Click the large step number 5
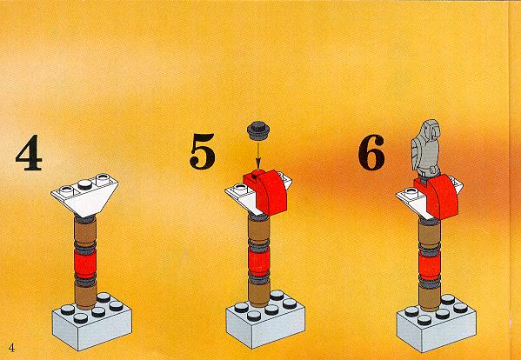(x=203, y=151)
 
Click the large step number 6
(x=371, y=152)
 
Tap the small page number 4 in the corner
(x=11, y=348)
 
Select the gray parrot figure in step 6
(x=425, y=150)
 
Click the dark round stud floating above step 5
(x=258, y=130)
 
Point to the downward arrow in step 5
(x=257, y=155)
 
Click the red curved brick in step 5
(x=267, y=192)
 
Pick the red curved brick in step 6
(x=438, y=198)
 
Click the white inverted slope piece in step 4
(x=84, y=195)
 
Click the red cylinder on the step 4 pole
(x=84, y=263)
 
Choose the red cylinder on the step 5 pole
(x=259, y=262)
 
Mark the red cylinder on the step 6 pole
(x=430, y=266)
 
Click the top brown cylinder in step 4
(x=84, y=232)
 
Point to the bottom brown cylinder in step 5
(x=259, y=294)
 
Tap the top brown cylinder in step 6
(x=430, y=236)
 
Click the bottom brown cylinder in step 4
(x=85, y=297)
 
